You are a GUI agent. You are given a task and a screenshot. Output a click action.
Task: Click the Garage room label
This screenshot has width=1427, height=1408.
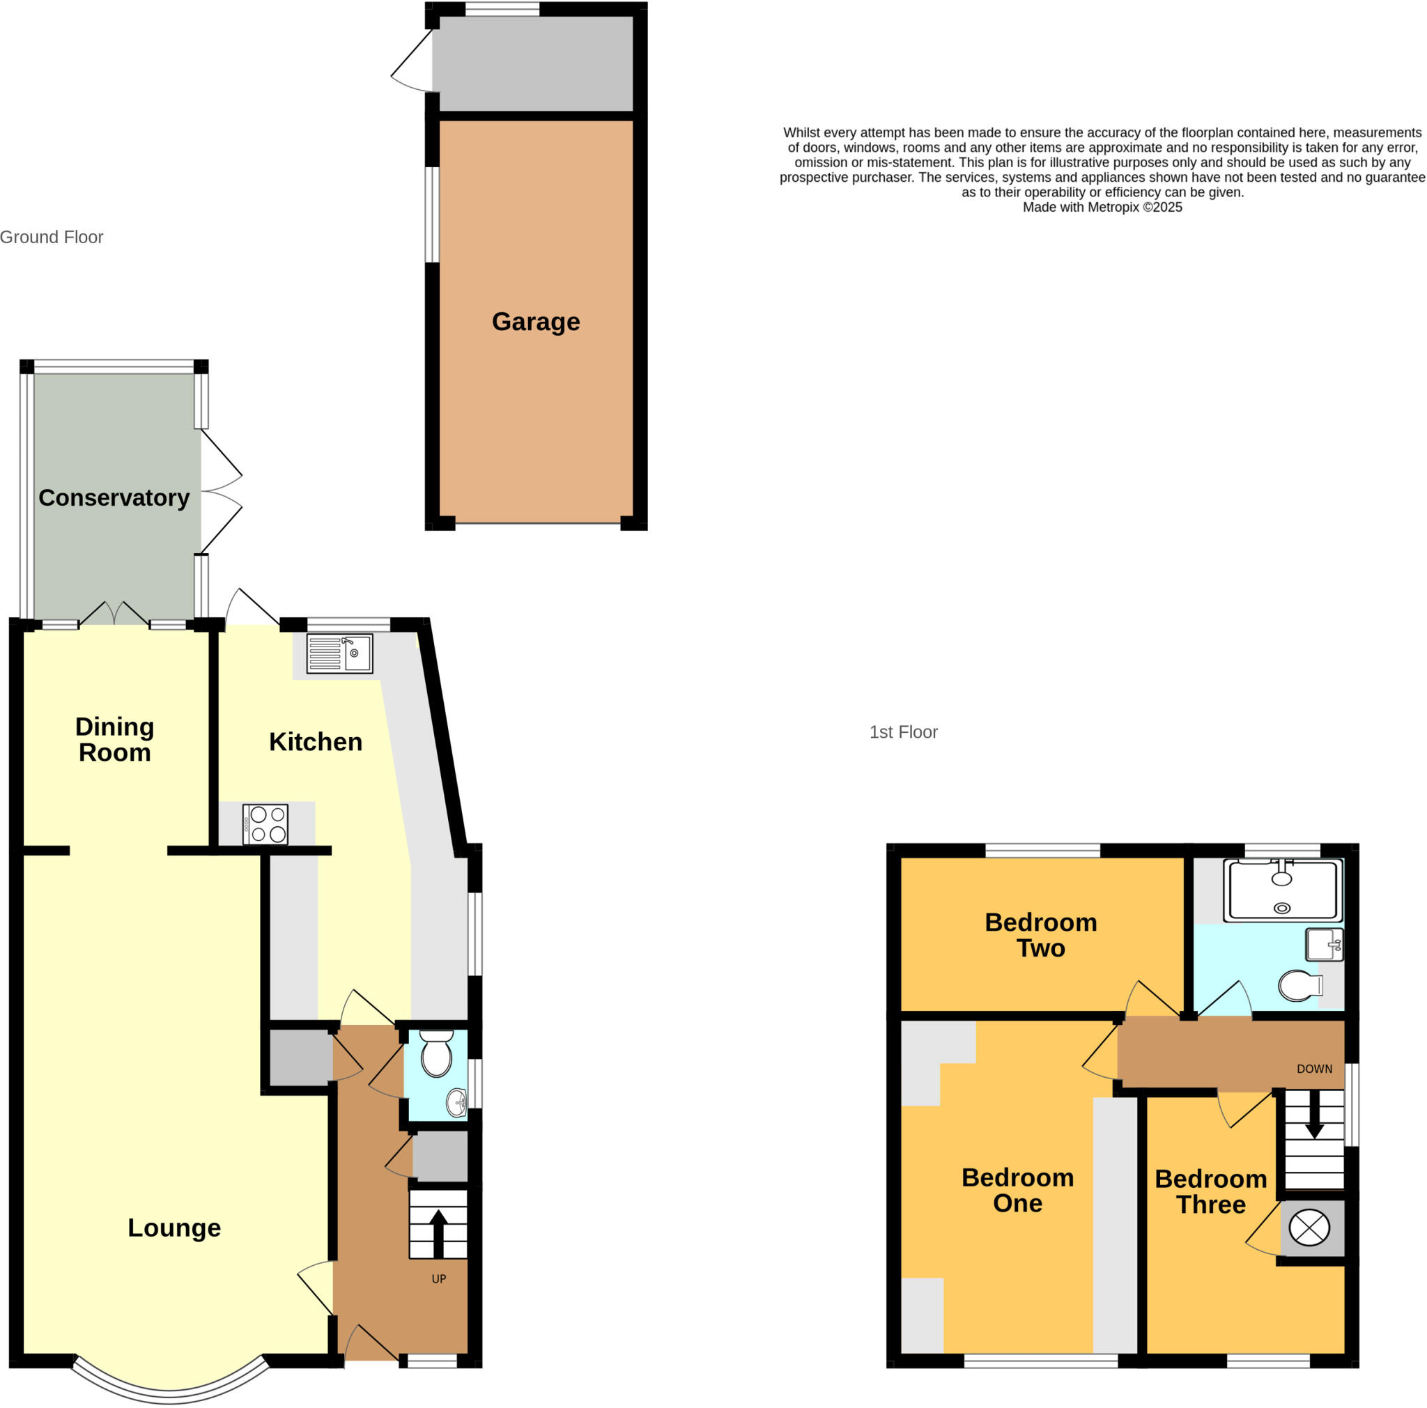point(536,322)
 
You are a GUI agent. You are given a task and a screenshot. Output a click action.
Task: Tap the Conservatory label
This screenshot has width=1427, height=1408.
point(114,497)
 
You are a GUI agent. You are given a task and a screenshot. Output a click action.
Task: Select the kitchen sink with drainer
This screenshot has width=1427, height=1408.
point(339,653)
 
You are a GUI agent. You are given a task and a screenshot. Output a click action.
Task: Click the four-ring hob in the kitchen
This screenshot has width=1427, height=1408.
point(265,824)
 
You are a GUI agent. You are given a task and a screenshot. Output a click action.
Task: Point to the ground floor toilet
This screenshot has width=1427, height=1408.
point(436,1054)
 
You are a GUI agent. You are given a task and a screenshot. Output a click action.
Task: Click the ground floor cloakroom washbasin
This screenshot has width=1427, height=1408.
point(456,1103)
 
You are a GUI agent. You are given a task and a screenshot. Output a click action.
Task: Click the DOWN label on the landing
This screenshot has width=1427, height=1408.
point(1315,1069)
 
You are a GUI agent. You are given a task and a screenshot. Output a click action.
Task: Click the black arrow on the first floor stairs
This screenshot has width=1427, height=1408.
point(1314,1115)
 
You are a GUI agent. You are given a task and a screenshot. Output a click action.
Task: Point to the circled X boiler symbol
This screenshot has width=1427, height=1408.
point(1309,1228)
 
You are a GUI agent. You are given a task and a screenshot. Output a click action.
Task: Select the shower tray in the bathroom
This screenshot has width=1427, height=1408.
point(1282,890)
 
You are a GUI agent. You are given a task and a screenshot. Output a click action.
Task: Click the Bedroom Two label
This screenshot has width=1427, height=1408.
point(1041,935)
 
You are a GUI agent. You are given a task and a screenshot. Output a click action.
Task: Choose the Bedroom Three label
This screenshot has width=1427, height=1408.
point(1210,1191)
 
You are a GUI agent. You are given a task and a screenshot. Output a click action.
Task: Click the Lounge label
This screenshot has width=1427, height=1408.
point(174,1227)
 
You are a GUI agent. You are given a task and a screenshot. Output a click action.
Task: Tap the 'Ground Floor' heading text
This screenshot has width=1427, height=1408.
point(52,237)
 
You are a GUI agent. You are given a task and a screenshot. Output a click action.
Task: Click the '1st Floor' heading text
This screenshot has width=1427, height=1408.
point(903,732)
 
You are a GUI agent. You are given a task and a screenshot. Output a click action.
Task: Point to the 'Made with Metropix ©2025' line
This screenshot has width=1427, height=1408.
point(1102,208)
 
